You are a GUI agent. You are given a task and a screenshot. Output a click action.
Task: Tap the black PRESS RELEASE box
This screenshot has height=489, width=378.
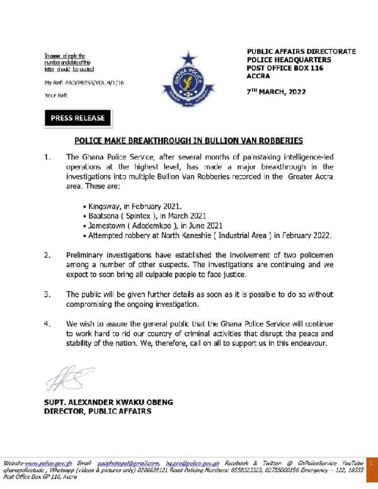pyautogui.click(x=78, y=118)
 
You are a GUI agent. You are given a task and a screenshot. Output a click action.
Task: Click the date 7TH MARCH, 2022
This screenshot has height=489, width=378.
pyautogui.click(x=275, y=91)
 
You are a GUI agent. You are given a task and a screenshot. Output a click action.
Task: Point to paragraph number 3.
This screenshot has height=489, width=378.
pyautogui.click(x=47, y=294)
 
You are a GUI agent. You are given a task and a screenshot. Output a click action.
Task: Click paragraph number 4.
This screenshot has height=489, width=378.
pyautogui.click(x=47, y=323)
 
